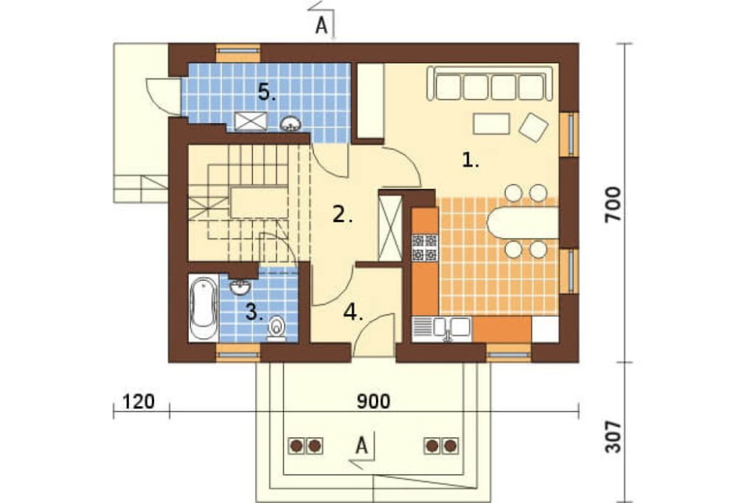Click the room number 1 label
tap(470, 159)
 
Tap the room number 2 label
tap(342, 214)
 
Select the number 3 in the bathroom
tap(254, 312)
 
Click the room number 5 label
tap(267, 91)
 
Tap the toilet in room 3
tap(276, 329)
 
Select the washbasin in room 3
tap(240, 287)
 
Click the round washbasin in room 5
tap(291, 124)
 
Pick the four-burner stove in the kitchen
tap(424, 247)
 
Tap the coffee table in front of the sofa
tap(492, 123)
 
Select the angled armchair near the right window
tap(533, 127)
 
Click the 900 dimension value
tap(374, 401)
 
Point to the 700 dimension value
tap(613, 204)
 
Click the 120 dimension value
tap(139, 401)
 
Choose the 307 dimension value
tap(613, 437)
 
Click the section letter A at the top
tap(322, 25)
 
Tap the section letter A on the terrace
tap(362, 445)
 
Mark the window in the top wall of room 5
tap(238, 53)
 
